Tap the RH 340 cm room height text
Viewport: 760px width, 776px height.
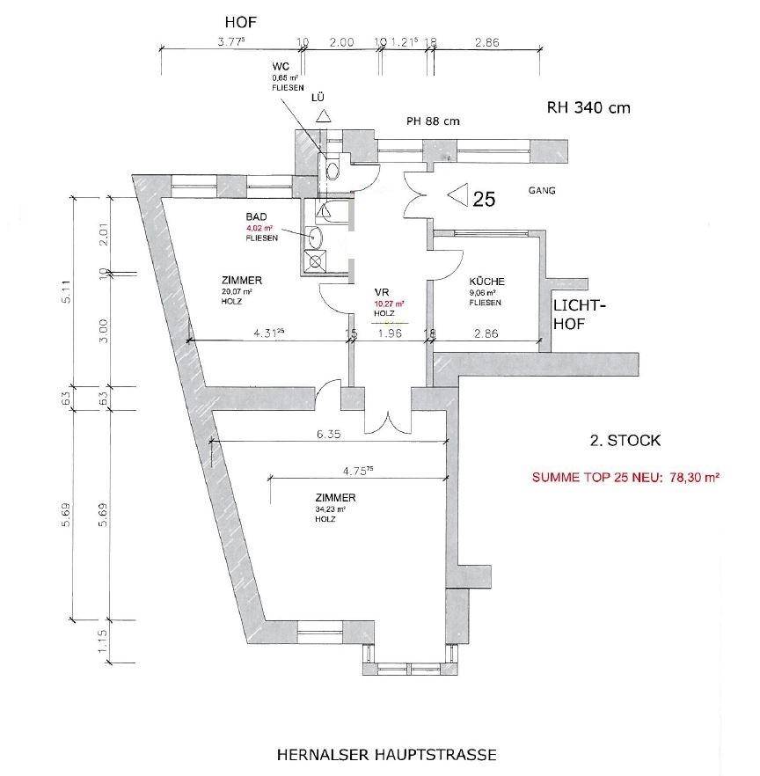point(589,108)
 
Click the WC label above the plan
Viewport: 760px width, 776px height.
point(281,66)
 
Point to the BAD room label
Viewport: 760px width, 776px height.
point(256,217)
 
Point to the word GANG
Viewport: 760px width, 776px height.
point(542,190)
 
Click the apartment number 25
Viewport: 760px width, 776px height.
point(485,199)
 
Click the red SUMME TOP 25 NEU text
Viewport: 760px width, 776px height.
point(625,479)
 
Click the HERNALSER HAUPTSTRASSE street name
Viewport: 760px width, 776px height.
point(386,754)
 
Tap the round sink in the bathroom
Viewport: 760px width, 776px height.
point(317,236)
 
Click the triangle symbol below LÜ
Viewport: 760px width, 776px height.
point(323,115)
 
